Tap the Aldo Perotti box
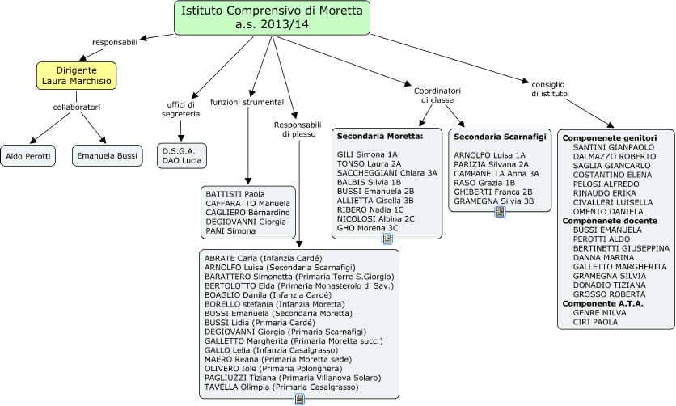point(28,154)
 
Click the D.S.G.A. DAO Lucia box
point(182,155)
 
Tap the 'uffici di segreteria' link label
point(181,109)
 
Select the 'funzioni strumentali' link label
point(248,103)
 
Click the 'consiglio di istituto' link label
point(549,89)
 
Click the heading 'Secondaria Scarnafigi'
point(500,137)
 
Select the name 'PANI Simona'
point(230,231)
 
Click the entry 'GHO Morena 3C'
point(368,228)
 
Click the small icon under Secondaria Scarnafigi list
point(500,211)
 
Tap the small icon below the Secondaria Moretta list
point(376,239)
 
